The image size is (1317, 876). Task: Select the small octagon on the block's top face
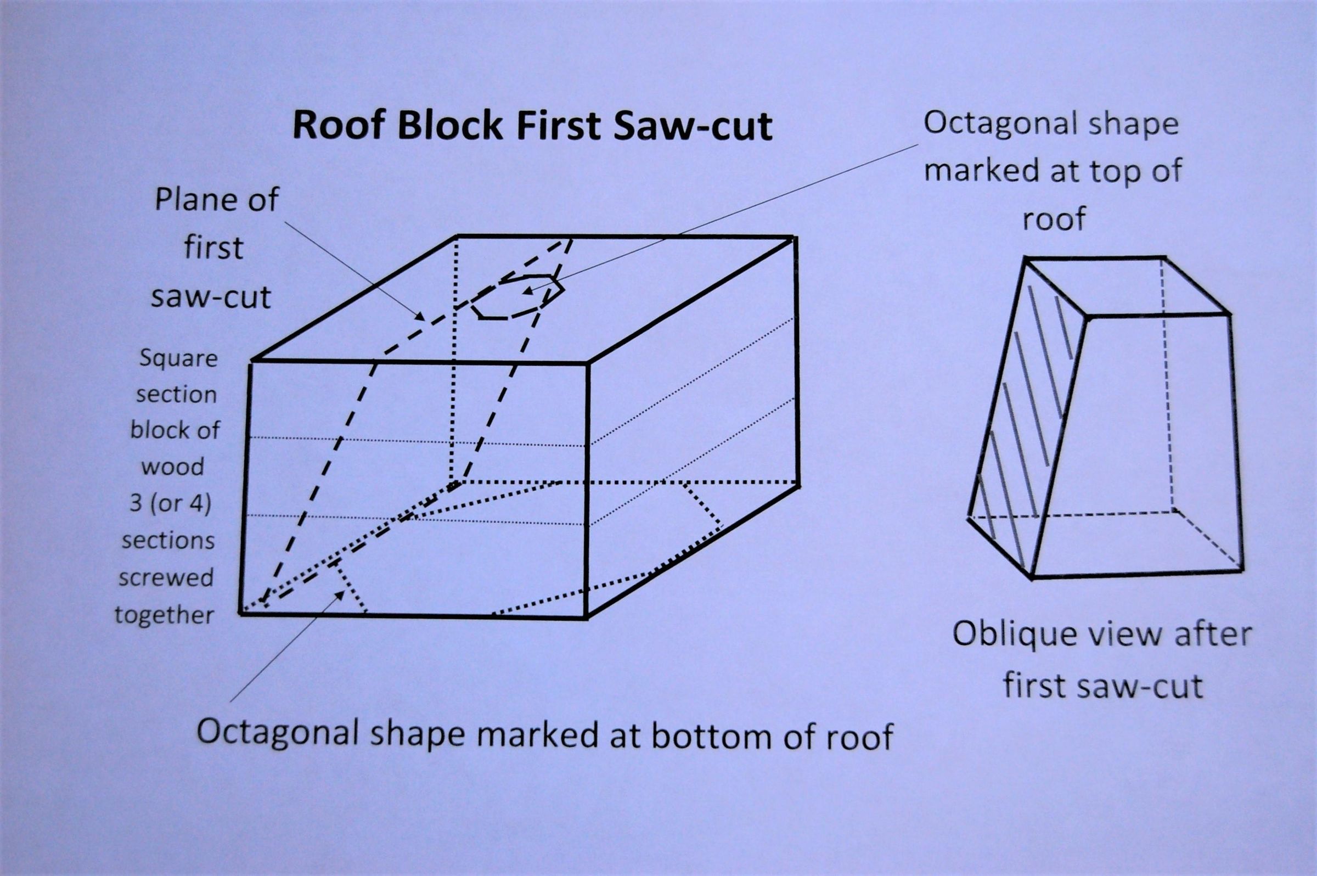(x=517, y=295)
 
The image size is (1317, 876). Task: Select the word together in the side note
(x=165, y=615)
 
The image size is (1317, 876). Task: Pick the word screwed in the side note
(x=166, y=577)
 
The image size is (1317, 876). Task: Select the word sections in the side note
(x=168, y=541)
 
